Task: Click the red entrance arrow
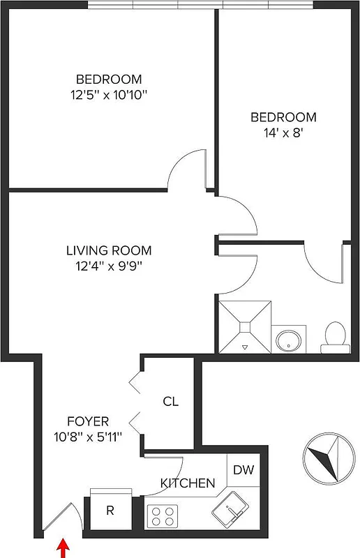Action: pos(63,549)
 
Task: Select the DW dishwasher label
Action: pos(243,469)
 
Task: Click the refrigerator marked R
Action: pos(110,511)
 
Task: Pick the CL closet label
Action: pos(170,402)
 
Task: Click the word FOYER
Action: pos(87,421)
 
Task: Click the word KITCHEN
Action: pos(187,483)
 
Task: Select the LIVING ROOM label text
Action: pos(109,250)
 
